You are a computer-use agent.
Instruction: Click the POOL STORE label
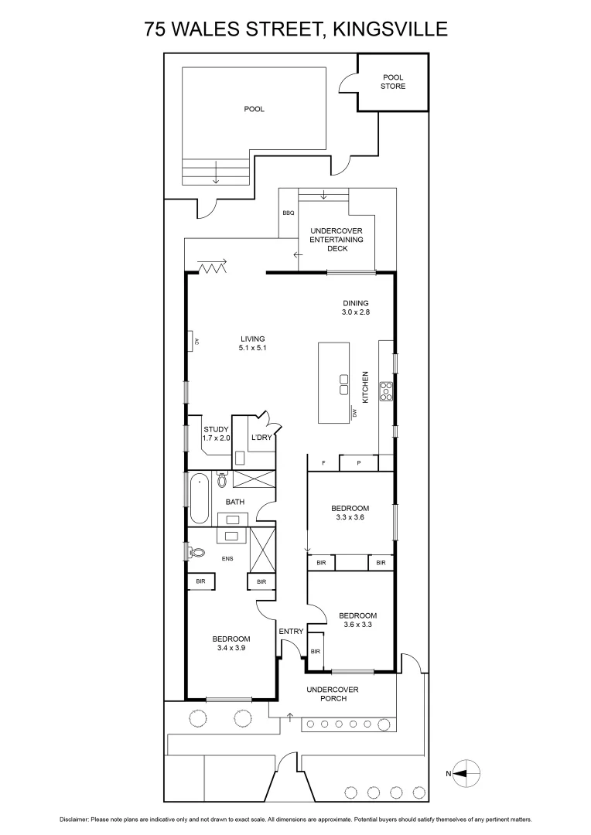(394, 81)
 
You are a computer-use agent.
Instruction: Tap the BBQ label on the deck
(289, 212)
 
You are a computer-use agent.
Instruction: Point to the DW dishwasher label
(354, 413)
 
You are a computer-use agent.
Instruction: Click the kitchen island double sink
(344, 384)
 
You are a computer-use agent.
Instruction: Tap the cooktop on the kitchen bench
(385, 393)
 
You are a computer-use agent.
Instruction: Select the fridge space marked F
(323, 463)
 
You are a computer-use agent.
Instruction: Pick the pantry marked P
(359, 463)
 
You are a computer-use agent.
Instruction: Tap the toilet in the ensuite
(196, 553)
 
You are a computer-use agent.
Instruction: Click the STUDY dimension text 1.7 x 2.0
(217, 438)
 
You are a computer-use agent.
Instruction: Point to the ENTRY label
(291, 632)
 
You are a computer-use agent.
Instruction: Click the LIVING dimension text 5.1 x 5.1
(252, 349)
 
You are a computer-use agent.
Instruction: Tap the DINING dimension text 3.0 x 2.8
(356, 312)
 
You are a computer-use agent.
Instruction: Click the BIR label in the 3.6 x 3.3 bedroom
(315, 652)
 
